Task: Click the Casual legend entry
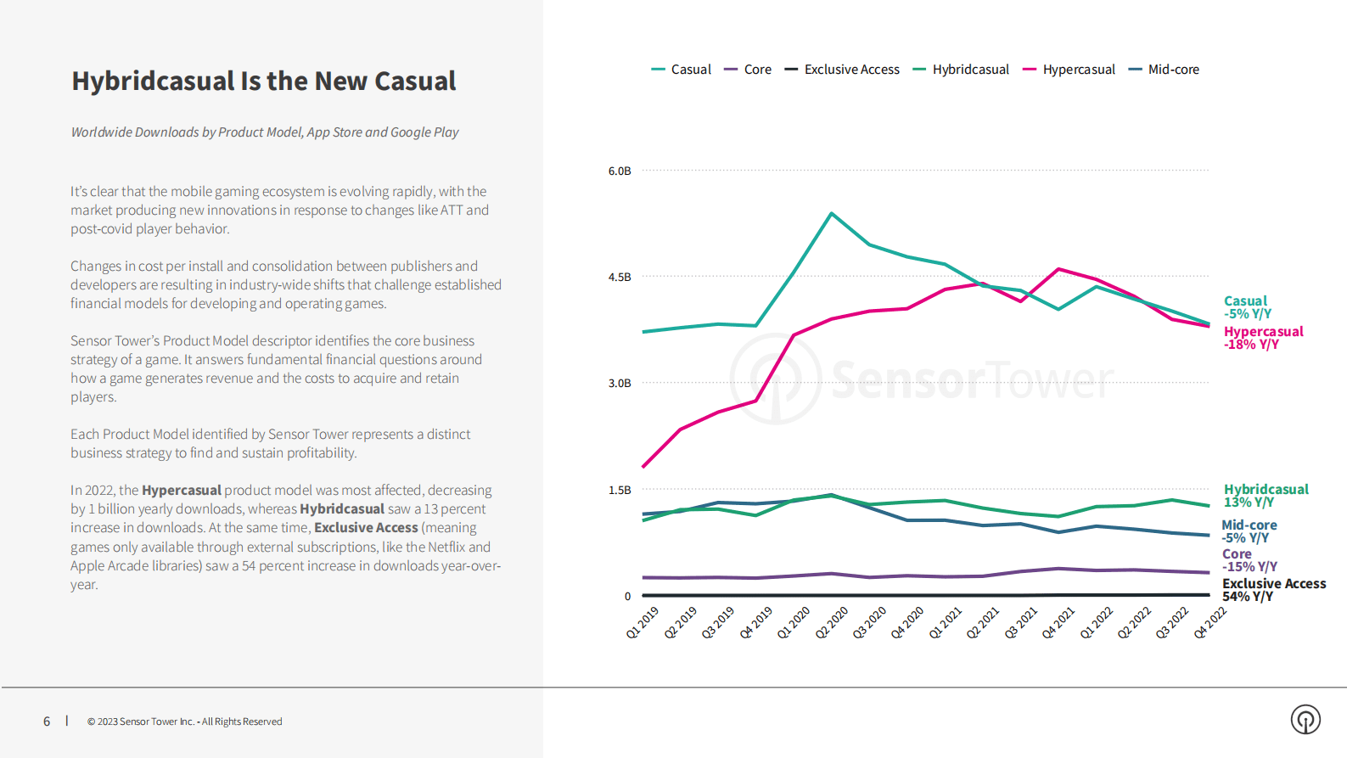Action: click(x=682, y=70)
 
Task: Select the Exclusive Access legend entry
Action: click(x=842, y=70)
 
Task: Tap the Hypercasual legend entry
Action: click(x=1069, y=70)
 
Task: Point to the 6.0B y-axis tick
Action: click(x=620, y=171)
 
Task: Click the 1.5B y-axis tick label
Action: click(x=620, y=490)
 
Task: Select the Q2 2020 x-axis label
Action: click(x=832, y=622)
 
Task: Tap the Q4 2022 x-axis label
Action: click(x=1209, y=622)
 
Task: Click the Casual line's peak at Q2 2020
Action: click(x=832, y=213)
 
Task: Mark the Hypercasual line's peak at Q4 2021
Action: click(x=1058, y=269)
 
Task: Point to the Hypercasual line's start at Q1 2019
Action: click(x=643, y=467)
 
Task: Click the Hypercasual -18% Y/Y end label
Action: click(x=1263, y=338)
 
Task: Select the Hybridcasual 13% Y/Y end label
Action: click(x=1266, y=496)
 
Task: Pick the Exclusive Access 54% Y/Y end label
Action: click(x=1273, y=590)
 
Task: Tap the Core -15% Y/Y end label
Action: click(x=1249, y=560)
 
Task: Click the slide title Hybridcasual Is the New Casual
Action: click(x=263, y=81)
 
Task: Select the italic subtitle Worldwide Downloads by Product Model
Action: click(x=264, y=132)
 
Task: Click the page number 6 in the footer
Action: click(x=47, y=722)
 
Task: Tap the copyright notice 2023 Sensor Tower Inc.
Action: click(x=184, y=722)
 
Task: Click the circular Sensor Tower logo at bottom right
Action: click(x=1305, y=719)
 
